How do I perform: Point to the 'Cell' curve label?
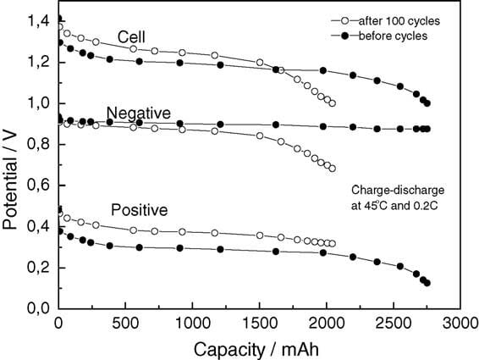132,37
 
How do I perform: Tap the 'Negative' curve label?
139,114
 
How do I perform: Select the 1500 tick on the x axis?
259,324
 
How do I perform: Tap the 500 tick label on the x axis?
125,324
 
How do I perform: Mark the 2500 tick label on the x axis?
394,324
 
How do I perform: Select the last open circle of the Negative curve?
332,168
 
